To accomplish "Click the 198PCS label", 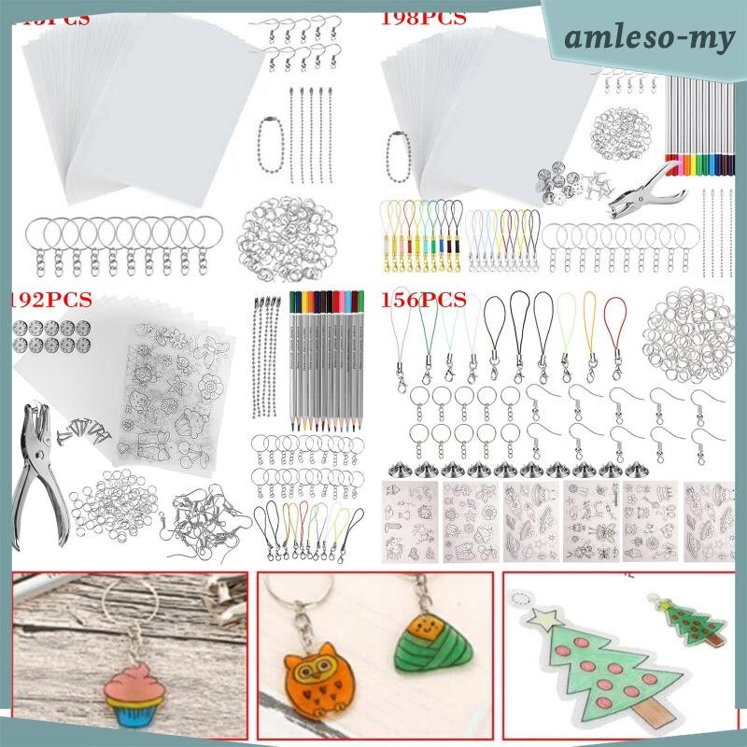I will pyautogui.click(x=425, y=18).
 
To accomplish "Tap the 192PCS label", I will pyautogui.click(x=51, y=300).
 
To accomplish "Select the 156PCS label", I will pyautogui.click(x=424, y=300).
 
